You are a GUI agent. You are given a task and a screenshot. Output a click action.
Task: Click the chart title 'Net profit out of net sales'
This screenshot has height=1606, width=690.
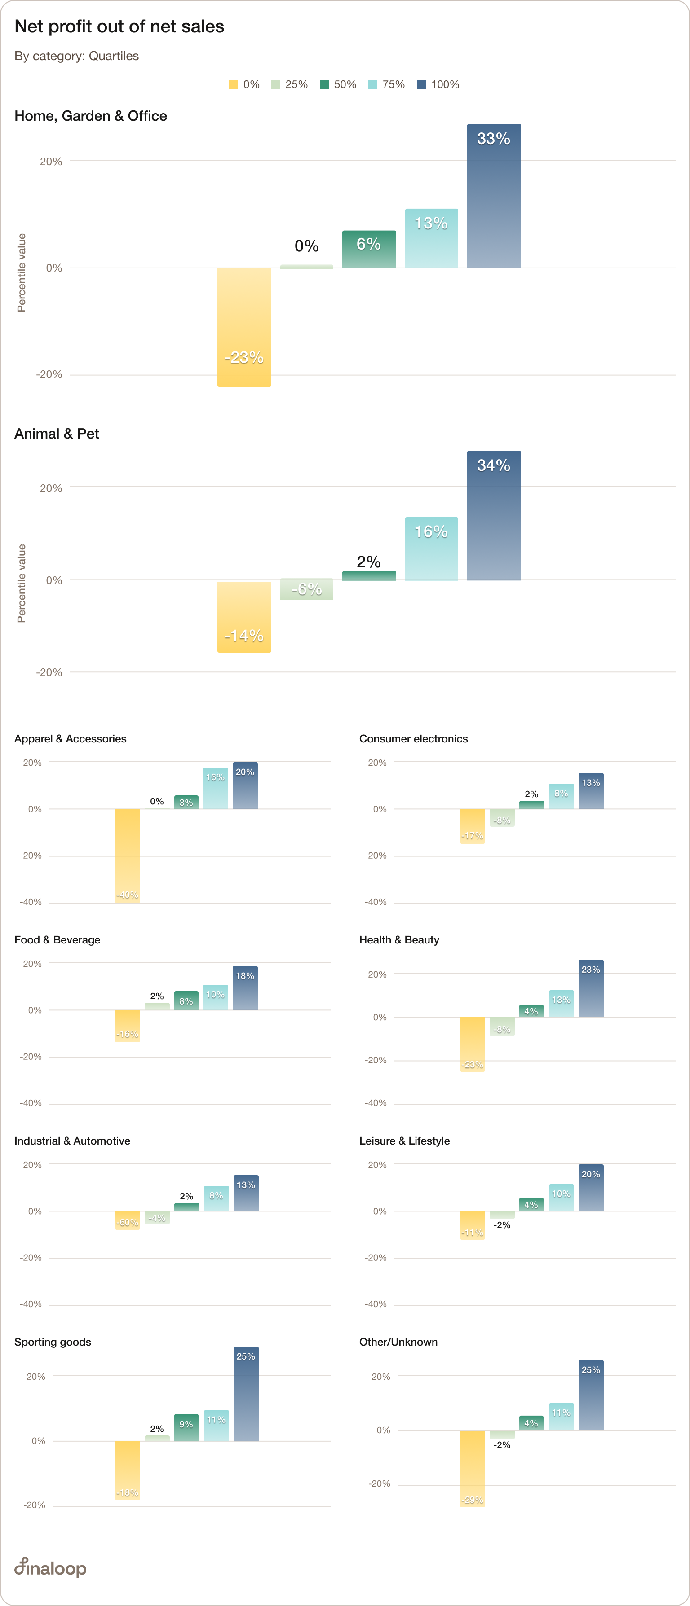click(x=119, y=26)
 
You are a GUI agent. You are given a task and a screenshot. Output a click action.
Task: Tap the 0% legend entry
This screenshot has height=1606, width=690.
click(x=244, y=84)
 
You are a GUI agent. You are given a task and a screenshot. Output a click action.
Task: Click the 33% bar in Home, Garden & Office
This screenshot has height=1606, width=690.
click(x=494, y=196)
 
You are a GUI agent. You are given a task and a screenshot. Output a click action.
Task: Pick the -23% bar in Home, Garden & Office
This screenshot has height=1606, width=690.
click(x=244, y=327)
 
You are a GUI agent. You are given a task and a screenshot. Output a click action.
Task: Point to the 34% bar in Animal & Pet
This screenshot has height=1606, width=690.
click(x=494, y=516)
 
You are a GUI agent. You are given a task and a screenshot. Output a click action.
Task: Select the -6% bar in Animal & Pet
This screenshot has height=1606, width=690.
click(x=306, y=589)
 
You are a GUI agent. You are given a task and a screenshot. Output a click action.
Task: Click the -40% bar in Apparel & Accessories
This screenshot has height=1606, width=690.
click(x=127, y=856)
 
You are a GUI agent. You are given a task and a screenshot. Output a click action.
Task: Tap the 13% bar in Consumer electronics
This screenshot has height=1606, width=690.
click(x=590, y=791)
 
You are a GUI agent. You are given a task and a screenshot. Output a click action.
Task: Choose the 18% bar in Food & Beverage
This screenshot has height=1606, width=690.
click(x=245, y=988)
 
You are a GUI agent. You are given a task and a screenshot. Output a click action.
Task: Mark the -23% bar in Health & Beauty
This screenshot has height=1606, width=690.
click(x=472, y=1044)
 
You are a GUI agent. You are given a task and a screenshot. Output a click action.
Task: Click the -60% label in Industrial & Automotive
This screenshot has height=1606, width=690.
click(x=127, y=1223)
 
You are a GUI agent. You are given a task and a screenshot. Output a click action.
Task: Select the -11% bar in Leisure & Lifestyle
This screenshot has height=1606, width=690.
click(x=472, y=1225)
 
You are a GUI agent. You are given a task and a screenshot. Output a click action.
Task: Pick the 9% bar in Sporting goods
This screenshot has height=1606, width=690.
click(x=186, y=1427)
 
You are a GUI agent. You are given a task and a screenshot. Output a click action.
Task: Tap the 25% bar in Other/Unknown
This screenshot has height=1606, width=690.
click(x=590, y=1395)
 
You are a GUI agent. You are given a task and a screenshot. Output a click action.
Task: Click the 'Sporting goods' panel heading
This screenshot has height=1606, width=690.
click(x=53, y=1342)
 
